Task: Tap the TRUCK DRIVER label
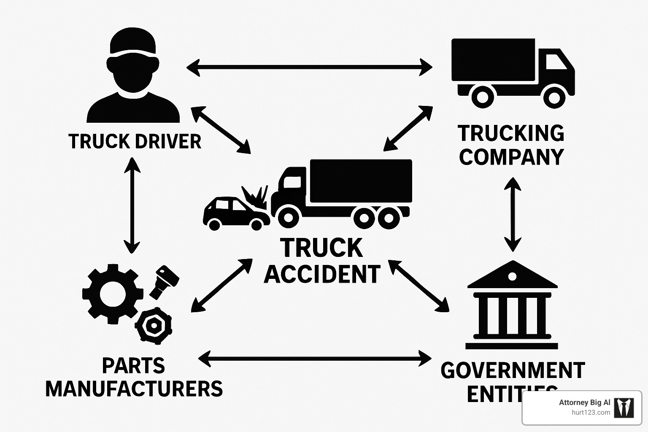135,141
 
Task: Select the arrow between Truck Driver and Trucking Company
309,67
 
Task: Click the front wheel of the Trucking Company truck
554,97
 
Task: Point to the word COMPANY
511,157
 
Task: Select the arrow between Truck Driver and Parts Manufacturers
132,205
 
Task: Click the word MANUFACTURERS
134,389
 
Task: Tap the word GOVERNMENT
513,370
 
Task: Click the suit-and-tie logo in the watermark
624,408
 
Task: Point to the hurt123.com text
591,413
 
